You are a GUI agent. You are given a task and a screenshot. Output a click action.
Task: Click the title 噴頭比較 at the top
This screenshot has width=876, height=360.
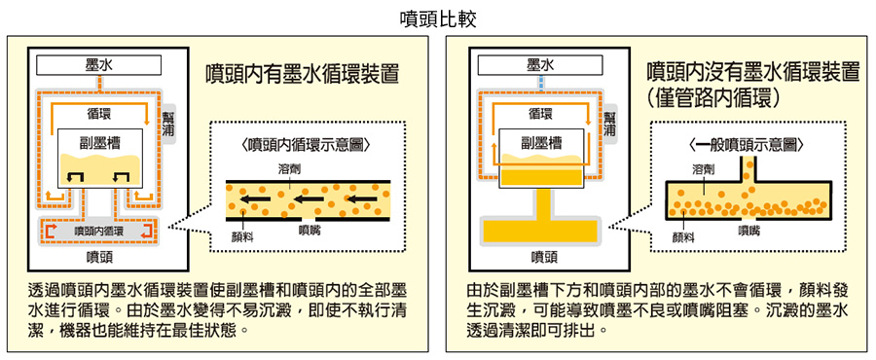[438, 19]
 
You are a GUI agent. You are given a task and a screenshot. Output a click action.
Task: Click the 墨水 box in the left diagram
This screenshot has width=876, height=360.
[99, 65]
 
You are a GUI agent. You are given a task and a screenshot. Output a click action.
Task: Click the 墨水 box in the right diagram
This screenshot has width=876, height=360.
[540, 65]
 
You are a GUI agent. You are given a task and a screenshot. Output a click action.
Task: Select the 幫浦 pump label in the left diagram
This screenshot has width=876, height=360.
[167, 124]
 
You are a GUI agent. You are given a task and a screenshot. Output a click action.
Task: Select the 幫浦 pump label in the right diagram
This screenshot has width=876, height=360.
[609, 124]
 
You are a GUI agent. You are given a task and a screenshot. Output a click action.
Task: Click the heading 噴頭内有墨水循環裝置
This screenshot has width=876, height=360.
[303, 73]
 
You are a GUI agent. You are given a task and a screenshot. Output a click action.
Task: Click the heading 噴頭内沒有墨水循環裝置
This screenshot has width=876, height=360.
[753, 73]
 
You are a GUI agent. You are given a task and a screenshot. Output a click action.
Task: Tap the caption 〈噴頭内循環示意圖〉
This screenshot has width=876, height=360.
[307, 145]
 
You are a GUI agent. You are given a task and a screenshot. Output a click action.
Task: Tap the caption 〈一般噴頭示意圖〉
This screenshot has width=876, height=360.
[747, 145]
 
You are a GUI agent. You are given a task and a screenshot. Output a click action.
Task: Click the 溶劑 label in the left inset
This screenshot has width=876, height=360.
[289, 168]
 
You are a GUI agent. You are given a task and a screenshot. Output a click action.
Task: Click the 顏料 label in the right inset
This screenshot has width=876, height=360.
[682, 237]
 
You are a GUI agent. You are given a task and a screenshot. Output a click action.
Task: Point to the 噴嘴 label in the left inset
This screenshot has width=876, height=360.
[310, 229]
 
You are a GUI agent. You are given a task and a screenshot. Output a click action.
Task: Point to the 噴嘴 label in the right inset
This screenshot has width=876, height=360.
[748, 230]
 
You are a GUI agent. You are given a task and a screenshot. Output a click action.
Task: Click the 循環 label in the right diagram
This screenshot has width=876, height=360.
[540, 113]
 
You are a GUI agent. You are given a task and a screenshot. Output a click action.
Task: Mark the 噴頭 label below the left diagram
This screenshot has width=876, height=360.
[99, 257]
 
